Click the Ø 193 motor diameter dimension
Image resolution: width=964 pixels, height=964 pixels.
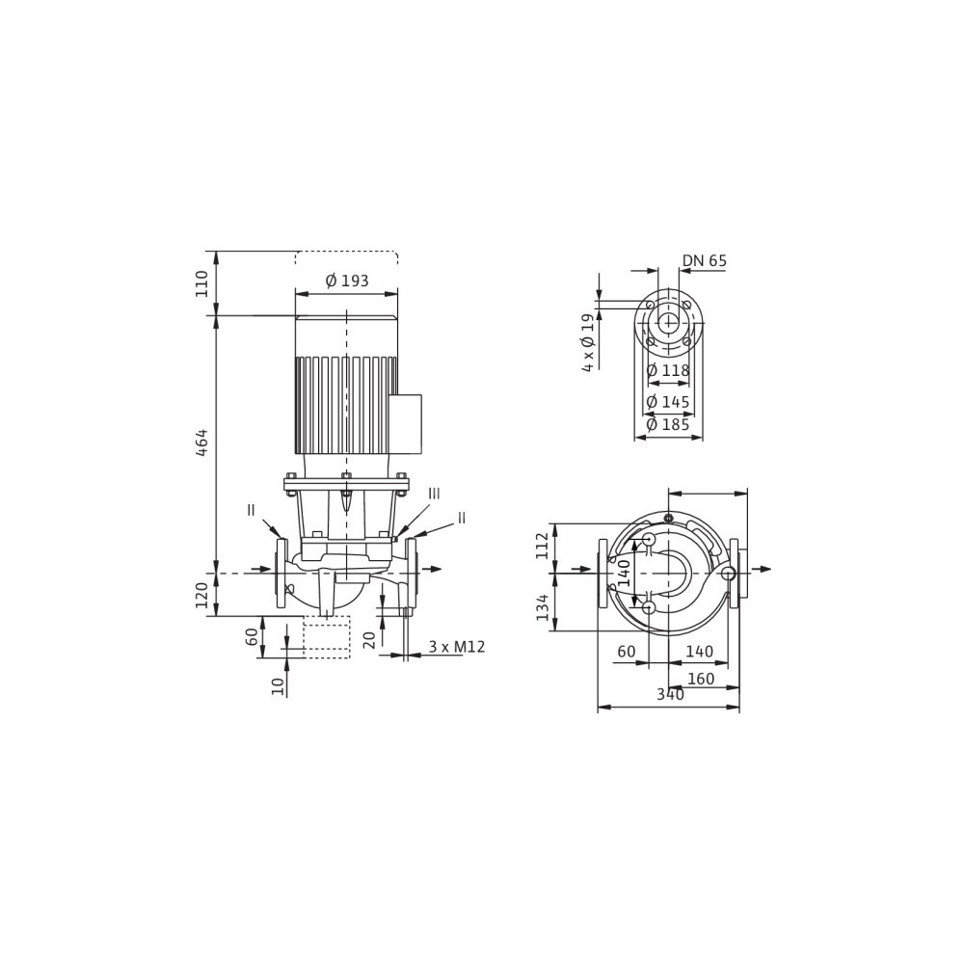[347, 281]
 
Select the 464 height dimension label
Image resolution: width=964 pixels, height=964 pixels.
[201, 442]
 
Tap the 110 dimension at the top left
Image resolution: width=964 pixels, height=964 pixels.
[201, 283]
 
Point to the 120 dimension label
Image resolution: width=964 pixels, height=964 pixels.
[201, 595]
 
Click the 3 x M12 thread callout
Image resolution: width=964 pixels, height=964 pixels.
[457, 647]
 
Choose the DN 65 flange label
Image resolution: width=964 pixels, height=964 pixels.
[704, 260]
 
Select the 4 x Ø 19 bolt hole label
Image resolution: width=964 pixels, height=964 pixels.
[589, 342]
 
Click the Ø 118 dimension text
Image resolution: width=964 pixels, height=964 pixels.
[668, 371]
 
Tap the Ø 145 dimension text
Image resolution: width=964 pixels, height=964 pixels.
[668, 402]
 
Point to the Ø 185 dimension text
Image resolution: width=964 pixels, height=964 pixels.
[668, 424]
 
